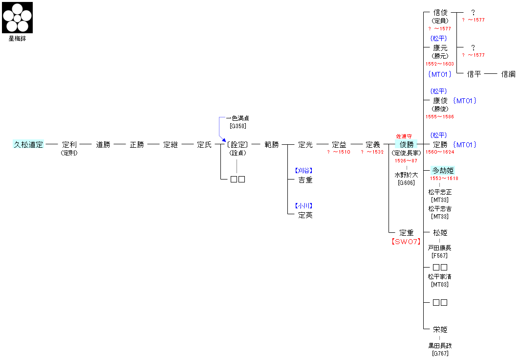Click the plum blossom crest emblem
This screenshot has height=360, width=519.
(18, 18)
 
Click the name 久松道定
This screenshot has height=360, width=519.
(28, 145)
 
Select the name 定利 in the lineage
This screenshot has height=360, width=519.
(69, 145)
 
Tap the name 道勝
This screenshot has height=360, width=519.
(103, 145)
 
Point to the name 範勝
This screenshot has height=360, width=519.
(272, 145)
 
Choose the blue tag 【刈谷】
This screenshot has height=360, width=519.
(303, 171)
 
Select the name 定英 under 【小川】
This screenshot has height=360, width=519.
(305, 215)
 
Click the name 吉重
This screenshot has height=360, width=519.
(305, 180)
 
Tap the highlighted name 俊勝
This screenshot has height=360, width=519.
(407, 145)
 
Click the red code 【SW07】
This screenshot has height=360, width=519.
(406, 242)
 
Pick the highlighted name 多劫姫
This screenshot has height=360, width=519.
(443, 171)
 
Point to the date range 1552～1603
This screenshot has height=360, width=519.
(439, 64)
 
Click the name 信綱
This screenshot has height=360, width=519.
(508, 74)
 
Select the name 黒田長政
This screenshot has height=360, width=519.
(440, 346)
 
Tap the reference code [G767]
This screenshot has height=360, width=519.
(440, 353)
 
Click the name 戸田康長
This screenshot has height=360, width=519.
(440, 248)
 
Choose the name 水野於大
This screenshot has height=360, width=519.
(407, 175)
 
